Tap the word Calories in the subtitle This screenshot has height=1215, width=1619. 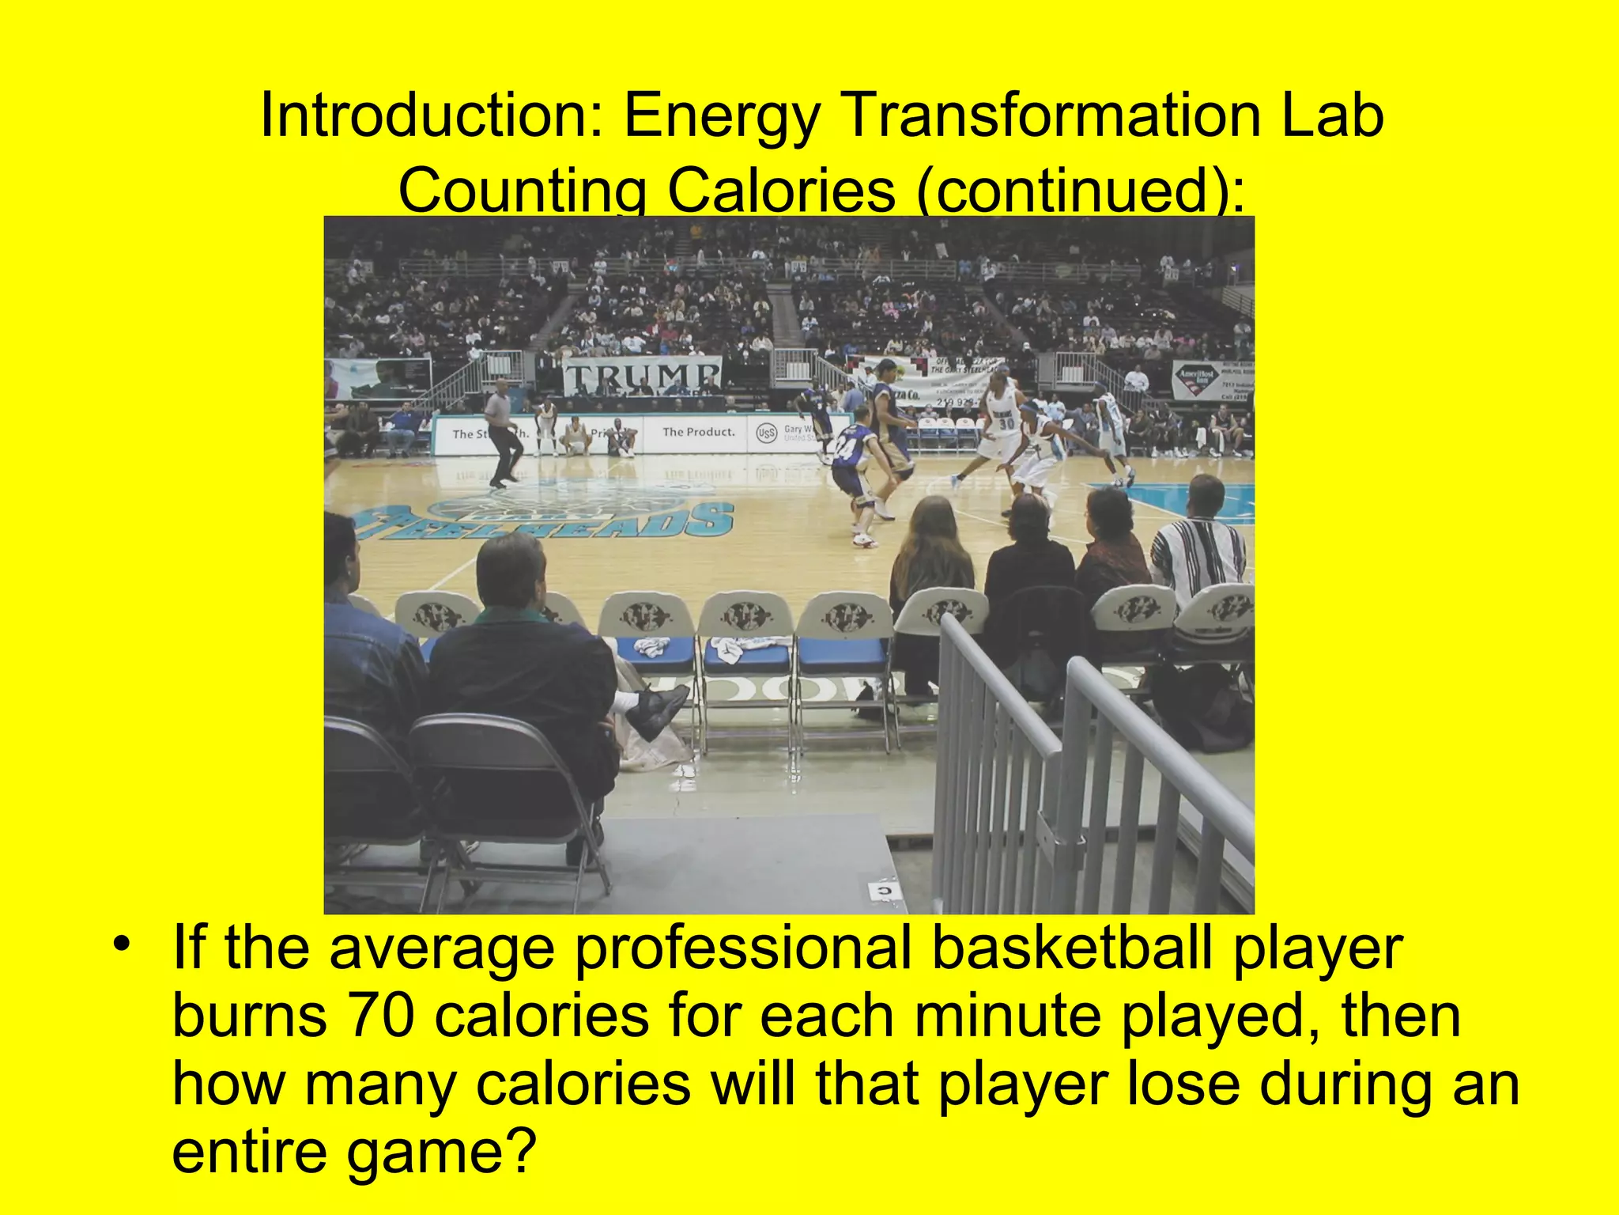coord(781,191)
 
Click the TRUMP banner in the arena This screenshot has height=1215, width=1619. coord(642,376)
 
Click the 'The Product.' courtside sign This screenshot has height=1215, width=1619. coord(698,432)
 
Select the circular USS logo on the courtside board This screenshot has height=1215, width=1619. coord(765,433)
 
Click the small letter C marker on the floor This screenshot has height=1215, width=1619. coord(884,891)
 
